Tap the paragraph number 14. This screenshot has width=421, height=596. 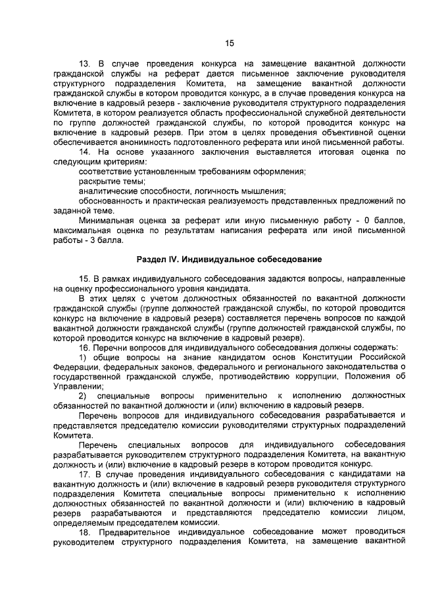click(x=84, y=152)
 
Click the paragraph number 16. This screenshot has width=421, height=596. click(x=84, y=348)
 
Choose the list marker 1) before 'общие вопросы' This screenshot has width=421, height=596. click(x=83, y=357)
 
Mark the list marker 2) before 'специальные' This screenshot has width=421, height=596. click(x=83, y=395)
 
